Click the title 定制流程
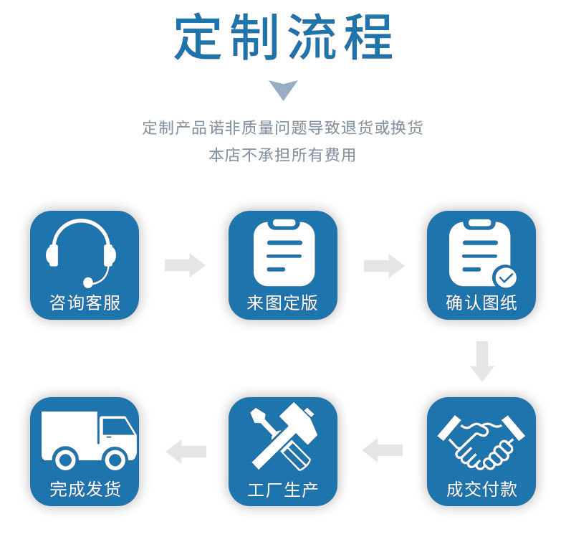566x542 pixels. tap(284, 37)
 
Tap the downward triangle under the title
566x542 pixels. tap(284, 89)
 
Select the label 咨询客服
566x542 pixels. tap(85, 303)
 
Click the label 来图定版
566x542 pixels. tap(282, 303)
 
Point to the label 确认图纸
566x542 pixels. tap(481, 303)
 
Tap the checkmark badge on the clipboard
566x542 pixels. tap(504, 277)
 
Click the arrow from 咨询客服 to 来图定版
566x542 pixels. tap(185, 265)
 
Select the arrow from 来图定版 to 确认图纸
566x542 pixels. tap(384, 266)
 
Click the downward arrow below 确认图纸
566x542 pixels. tap(482, 361)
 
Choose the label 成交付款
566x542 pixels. tap(481, 489)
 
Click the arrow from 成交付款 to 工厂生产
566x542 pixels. tap(383, 450)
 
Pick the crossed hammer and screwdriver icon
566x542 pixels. tap(284, 437)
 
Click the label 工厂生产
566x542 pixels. tap(282, 490)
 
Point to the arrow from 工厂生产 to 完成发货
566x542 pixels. tap(186, 452)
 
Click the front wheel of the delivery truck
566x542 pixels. tap(115, 460)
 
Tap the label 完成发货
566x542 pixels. tap(85, 489)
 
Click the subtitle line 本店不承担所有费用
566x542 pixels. tap(282, 155)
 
